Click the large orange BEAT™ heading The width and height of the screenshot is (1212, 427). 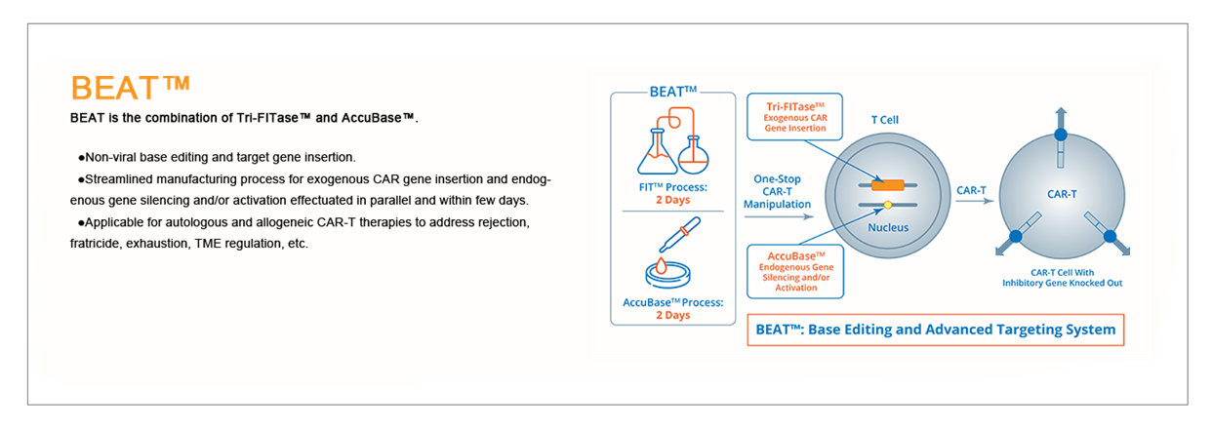[x=130, y=87]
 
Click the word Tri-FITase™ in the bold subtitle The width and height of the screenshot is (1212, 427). [x=273, y=118]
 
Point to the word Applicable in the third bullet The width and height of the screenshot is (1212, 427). [x=116, y=222]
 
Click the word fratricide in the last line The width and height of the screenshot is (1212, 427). [x=96, y=243]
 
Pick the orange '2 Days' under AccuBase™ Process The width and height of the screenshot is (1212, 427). [x=672, y=315]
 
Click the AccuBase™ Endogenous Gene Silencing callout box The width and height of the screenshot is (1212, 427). [x=795, y=270]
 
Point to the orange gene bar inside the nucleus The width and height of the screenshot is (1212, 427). [x=887, y=185]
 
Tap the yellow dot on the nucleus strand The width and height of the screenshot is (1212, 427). [x=887, y=205]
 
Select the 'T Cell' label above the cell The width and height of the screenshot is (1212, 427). [x=884, y=120]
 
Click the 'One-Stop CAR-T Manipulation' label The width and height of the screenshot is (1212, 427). [x=777, y=191]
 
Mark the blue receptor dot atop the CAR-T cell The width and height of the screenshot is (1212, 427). [x=1061, y=134]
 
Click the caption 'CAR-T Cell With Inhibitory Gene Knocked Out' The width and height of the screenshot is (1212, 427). [x=1061, y=278]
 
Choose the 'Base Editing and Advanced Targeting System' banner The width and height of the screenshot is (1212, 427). [x=935, y=330]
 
